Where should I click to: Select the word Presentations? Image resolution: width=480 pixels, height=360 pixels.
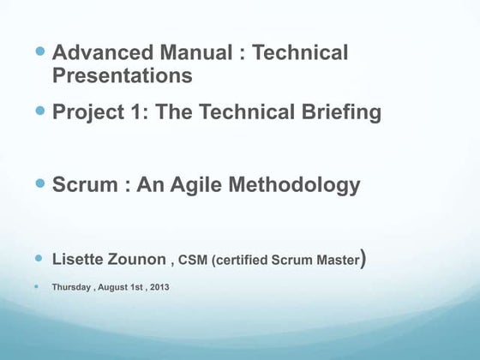[122, 75]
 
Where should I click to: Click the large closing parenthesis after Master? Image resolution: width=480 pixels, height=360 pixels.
[364, 258]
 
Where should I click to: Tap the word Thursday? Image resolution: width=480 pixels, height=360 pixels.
[70, 287]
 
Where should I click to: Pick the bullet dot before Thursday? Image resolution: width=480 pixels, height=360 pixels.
[38, 286]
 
